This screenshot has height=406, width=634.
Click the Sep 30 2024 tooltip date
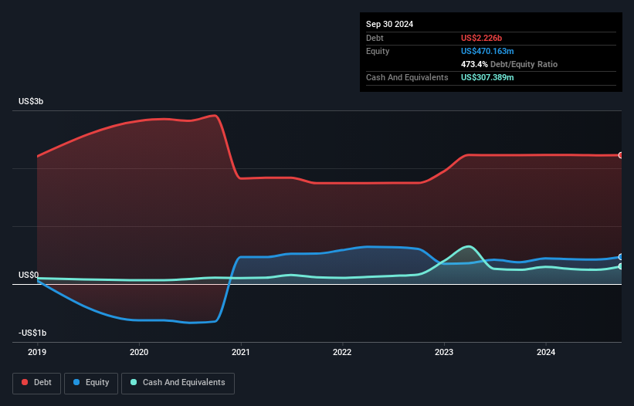[389, 24]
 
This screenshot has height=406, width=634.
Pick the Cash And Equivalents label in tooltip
[407, 77]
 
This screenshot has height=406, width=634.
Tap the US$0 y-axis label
[29, 275]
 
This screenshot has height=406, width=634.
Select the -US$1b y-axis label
[32, 333]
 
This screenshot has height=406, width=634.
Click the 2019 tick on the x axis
[37, 352]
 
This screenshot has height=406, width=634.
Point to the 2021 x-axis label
[241, 352]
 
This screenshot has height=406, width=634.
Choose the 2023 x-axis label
[444, 352]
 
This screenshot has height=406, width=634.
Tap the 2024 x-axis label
[545, 352]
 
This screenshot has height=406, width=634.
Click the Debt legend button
[36, 382]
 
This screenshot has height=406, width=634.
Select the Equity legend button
[91, 382]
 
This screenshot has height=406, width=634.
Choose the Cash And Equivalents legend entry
[178, 382]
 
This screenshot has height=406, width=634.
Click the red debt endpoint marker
[620, 155]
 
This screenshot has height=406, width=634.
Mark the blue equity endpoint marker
[620, 257]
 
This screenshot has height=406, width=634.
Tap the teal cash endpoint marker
[620, 266]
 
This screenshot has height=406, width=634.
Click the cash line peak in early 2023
[468, 246]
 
